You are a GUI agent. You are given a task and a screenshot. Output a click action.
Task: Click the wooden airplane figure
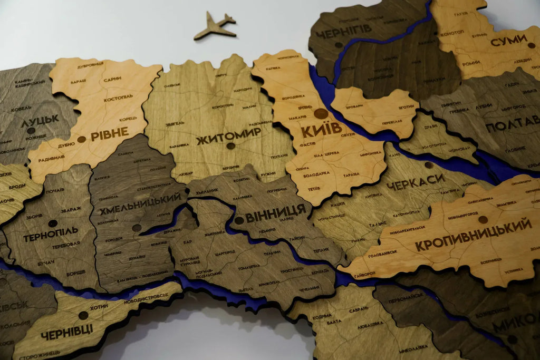pos(215,26)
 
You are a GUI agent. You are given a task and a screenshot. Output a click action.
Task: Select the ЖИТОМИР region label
pos(228,131)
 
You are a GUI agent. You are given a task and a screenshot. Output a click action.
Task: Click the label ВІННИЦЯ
pos(276,211)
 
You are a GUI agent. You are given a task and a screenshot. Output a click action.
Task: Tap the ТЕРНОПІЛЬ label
pos(51,232)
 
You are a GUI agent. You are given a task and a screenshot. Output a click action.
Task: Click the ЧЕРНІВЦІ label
pos(66,329)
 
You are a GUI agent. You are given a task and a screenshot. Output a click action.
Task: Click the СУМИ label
pos(508,40)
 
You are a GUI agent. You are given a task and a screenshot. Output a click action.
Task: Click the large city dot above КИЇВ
pos(321,113)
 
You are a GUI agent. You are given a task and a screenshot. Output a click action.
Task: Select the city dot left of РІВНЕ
pos(81,140)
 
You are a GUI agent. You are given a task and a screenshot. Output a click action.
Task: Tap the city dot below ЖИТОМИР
pos(229,146)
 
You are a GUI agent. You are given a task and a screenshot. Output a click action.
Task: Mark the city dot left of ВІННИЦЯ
pos(239,220)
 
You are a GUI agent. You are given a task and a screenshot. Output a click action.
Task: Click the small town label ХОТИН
pos(99,307)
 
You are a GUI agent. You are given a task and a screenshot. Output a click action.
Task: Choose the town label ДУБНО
pos(66,144)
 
